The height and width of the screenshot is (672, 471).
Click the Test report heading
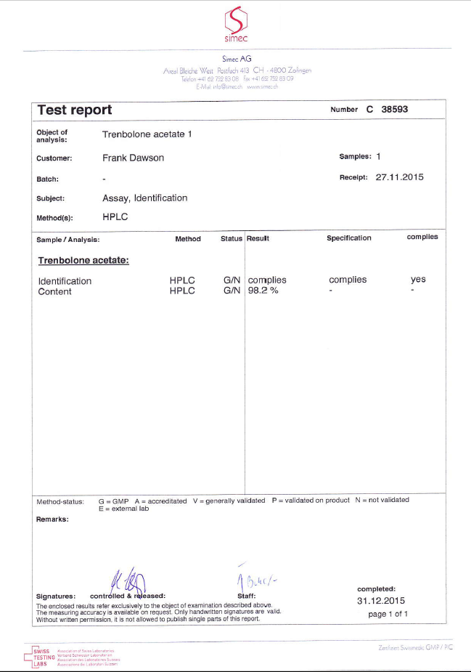coord(74,110)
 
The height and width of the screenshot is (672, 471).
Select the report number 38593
coord(401,110)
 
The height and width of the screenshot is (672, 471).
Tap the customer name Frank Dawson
coord(134,158)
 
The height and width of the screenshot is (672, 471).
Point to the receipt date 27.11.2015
coord(400,177)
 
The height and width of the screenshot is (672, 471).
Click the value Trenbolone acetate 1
coord(147,134)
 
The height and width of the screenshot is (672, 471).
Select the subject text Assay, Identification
coord(145,198)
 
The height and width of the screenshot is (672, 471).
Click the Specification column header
coord(348,238)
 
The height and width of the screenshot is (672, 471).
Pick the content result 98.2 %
coord(263,291)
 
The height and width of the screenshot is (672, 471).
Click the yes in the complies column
coord(418,280)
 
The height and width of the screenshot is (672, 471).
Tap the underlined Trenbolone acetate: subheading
coord(83,259)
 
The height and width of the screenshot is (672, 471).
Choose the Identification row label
coord(65,281)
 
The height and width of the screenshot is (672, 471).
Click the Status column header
coord(232,238)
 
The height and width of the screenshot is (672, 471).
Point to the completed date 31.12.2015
coord(380,601)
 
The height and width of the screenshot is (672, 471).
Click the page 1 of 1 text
coord(388,614)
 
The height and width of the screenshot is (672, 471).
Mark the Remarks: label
coord(52,519)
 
